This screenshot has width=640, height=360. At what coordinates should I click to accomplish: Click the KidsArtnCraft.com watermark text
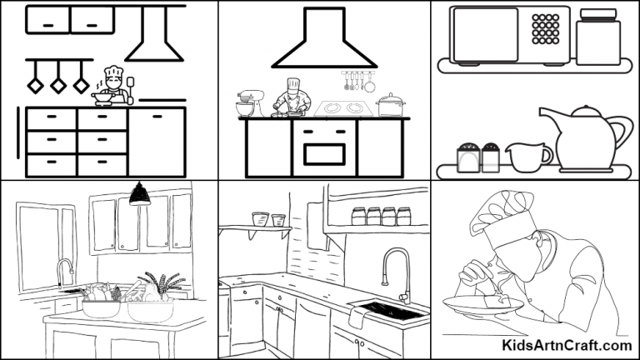click(x=567, y=344)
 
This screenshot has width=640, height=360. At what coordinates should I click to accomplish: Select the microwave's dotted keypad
click(x=545, y=29)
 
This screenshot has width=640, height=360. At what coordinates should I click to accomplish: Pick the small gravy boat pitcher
click(x=527, y=156)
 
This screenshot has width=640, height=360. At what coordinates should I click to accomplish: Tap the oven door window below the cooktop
click(x=324, y=154)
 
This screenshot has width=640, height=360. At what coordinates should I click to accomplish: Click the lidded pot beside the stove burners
click(x=390, y=105)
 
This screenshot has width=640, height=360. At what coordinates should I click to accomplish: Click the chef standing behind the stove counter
click(x=291, y=97)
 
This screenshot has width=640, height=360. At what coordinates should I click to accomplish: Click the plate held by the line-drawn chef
click(x=471, y=303)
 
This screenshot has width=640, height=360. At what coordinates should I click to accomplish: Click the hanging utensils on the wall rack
click(x=358, y=82)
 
